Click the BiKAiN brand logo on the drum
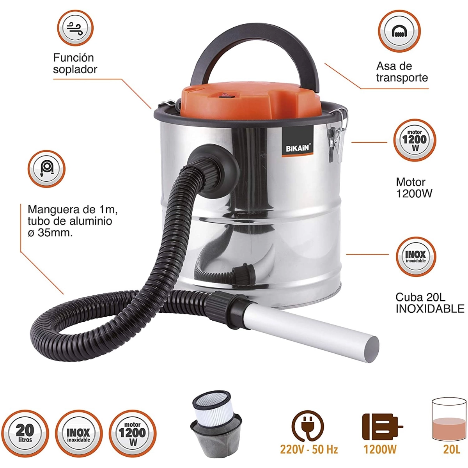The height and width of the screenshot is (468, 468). [298, 141]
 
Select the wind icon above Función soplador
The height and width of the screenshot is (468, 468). [75, 28]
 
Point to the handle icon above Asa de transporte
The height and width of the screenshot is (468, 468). [399, 31]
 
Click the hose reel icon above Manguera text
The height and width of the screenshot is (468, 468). [46, 168]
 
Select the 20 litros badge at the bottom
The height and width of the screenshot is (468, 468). [25, 434]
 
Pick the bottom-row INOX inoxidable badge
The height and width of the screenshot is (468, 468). [79, 434]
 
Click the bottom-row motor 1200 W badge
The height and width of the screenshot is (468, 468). [133, 434]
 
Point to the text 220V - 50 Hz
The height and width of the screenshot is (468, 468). [309, 450]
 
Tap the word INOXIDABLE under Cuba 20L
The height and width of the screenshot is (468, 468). [430, 308]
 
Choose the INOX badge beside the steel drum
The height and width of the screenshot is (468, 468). [415, 257]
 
